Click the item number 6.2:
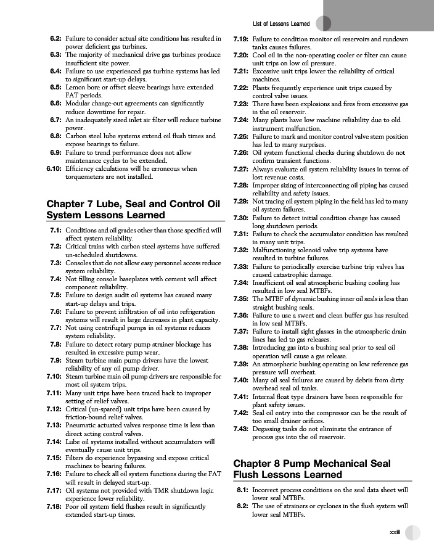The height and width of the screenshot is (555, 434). (x=55, y=39)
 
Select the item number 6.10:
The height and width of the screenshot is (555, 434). (x=53, y=168)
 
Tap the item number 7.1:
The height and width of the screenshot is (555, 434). (x=55, y=230)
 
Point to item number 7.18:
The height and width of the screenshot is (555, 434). (x=53, y=506)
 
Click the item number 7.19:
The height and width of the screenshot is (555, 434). (x=240, y=39)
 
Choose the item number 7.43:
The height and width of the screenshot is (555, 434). (x=240, y=429)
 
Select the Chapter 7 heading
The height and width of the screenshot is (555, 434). (x=133, y=208)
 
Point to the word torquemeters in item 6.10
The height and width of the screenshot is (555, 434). (x=84, y=176)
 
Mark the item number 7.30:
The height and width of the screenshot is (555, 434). (x=240, y=218)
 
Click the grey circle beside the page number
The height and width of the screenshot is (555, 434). (x=413, y=533)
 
